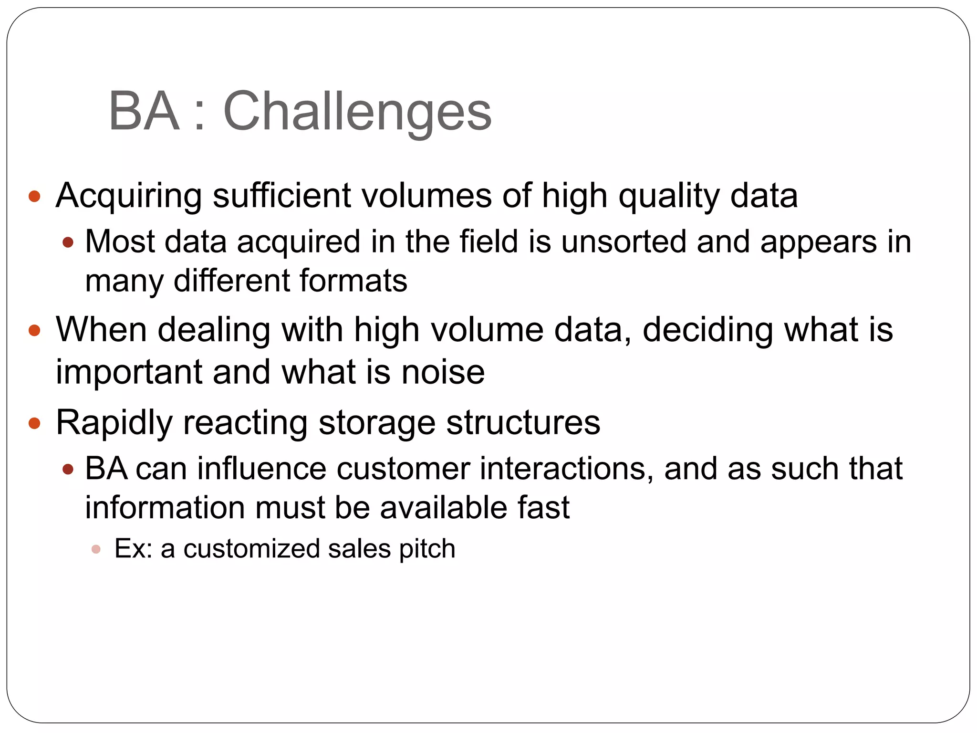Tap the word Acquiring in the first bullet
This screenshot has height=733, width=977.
coord(129,196)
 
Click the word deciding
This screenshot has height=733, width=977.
coord(707,330)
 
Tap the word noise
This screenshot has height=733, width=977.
coord(443,373)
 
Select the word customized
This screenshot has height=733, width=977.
coord(251,549)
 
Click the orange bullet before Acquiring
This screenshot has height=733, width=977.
coord(35,196)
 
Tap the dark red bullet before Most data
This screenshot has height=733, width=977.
coord(68,242)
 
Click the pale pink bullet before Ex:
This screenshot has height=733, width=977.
coord(96,549)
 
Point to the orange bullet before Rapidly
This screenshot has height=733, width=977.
coord(35,423)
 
